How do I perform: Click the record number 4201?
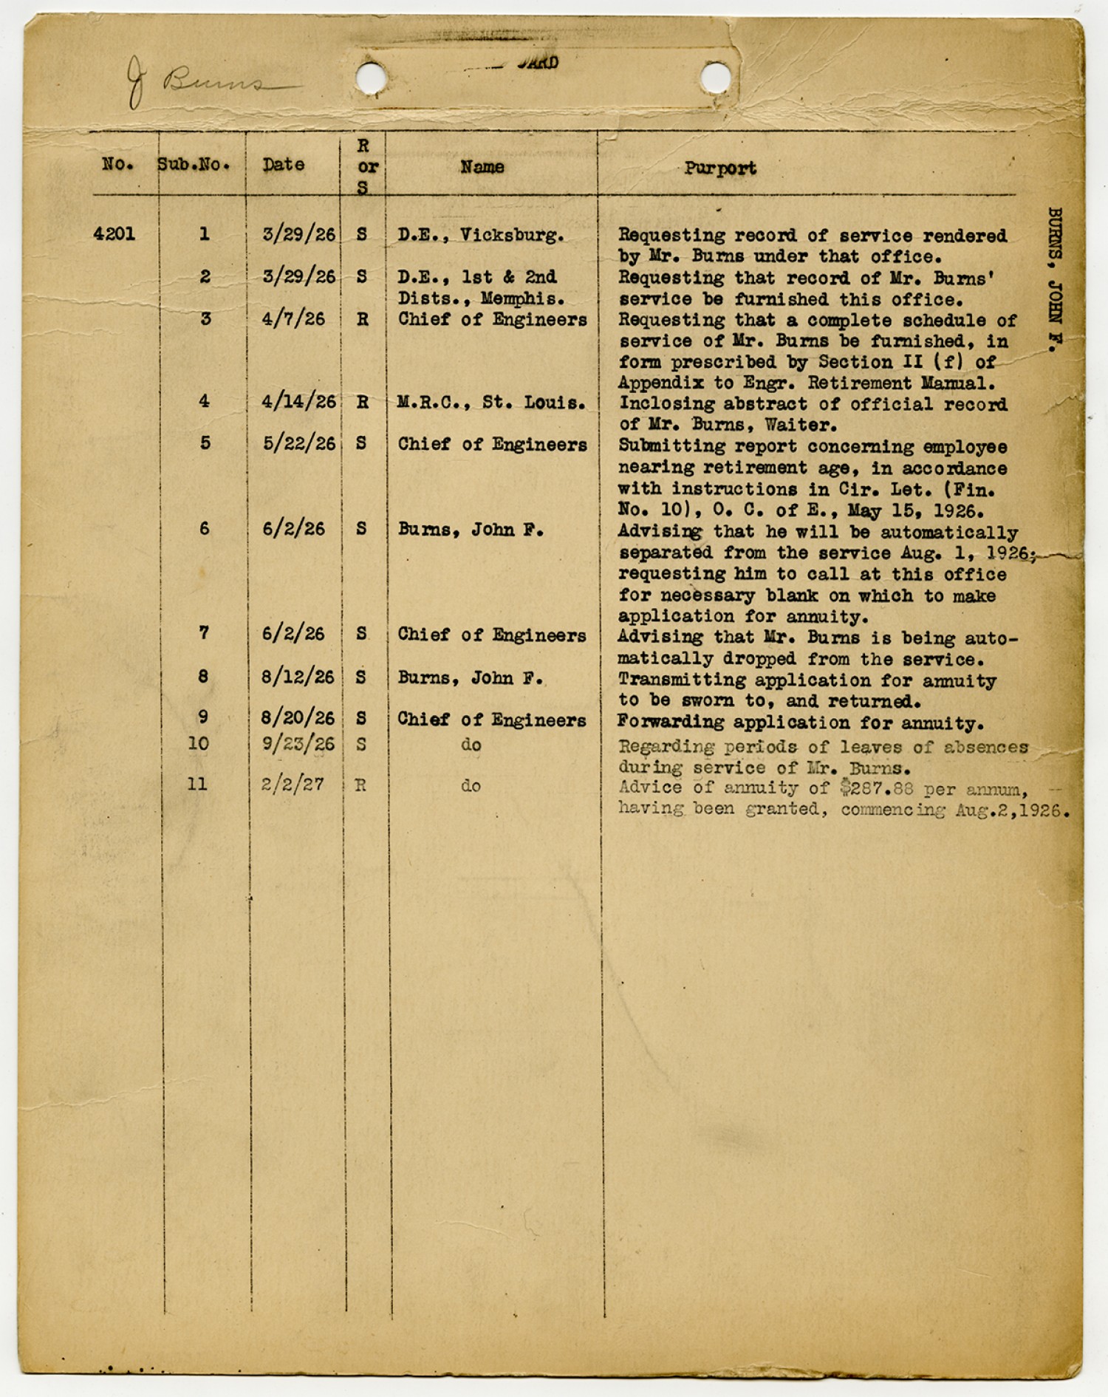(x=114, y=234)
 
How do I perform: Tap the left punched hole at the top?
(x=371, y=77)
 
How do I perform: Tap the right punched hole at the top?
(x=715, y=77)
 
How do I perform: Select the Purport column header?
(x=719, y=168)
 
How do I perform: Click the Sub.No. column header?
(x=194, y=165)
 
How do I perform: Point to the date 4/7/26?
(x=293, y=319)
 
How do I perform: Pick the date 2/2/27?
(x=293, y=785)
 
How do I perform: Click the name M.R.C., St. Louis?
(x=491, y=403)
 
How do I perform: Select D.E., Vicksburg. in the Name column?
(x=481, y=235)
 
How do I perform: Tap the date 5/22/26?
(x=298, y=444)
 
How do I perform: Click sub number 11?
(x=197, y=784)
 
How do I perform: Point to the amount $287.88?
(x=876, y=788)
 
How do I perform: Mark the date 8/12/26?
(x=298, y=677)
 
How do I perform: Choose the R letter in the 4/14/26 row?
(x=362, y=403)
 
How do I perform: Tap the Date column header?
(x=284, y=165)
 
